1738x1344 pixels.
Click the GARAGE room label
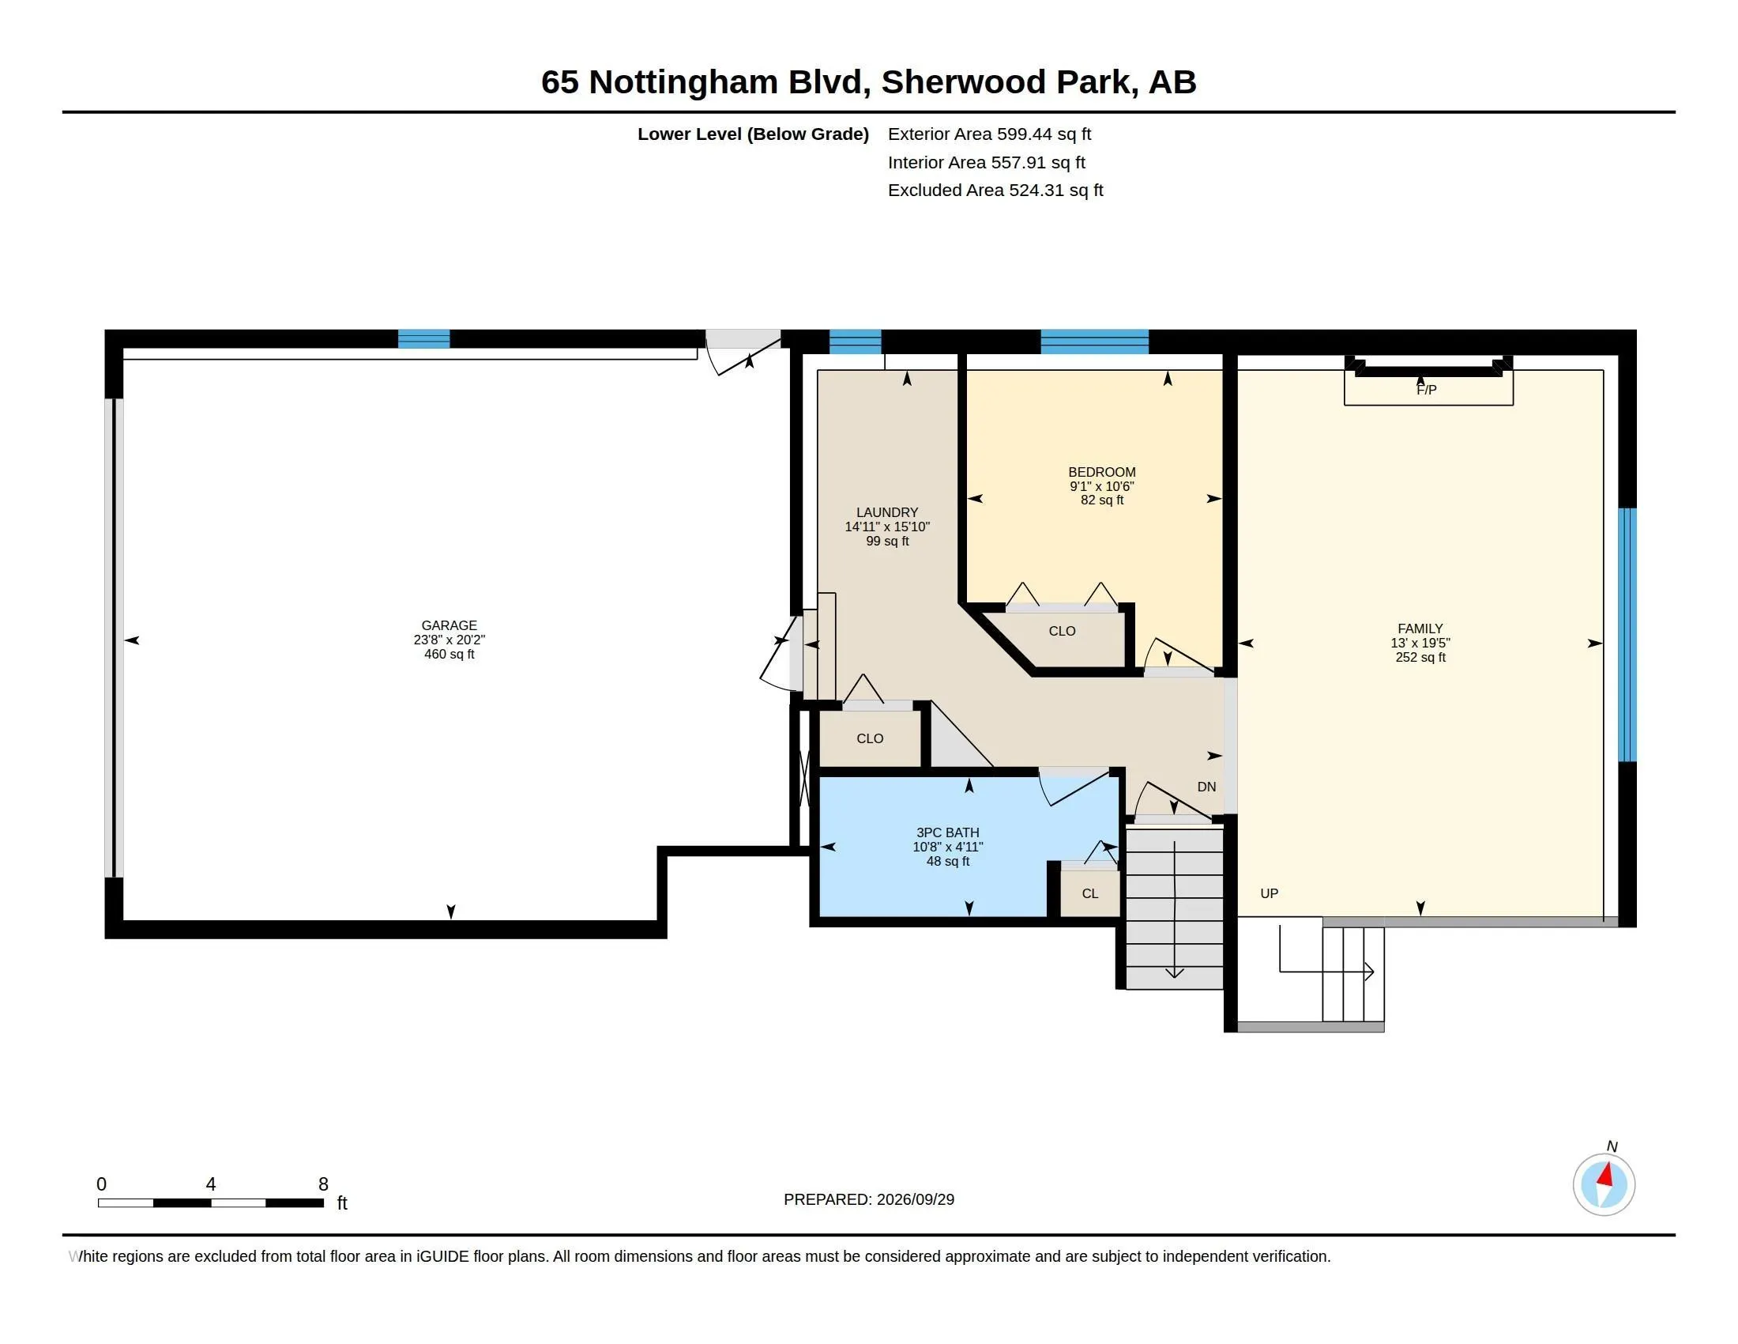pos(449,626)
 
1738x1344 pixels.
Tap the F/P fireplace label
pos(1426,390)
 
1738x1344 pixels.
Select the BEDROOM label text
pos(1101,472)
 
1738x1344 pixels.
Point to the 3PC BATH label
pos(947,832)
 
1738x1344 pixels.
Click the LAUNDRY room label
pos(886,513)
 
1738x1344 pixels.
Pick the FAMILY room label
pos(1420,629)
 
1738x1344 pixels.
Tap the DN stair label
pos(1206,787)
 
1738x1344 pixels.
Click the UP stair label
pos(1270,893)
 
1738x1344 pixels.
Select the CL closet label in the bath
pos(1089,893)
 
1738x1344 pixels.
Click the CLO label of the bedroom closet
pos(1062,632)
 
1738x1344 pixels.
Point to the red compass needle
pos(1606,1174)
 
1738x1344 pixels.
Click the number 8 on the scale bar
pos(323,1184)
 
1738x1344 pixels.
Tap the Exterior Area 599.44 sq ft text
pos(989,134)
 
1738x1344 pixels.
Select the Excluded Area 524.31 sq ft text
pos(995,190)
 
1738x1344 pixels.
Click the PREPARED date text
pos(869,1199)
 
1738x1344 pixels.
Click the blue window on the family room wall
pos(1627,635)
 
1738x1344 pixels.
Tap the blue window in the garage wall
pos(423,338)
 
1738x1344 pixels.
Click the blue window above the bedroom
pos(1094,341)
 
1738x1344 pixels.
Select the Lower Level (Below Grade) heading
pos(753,134)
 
